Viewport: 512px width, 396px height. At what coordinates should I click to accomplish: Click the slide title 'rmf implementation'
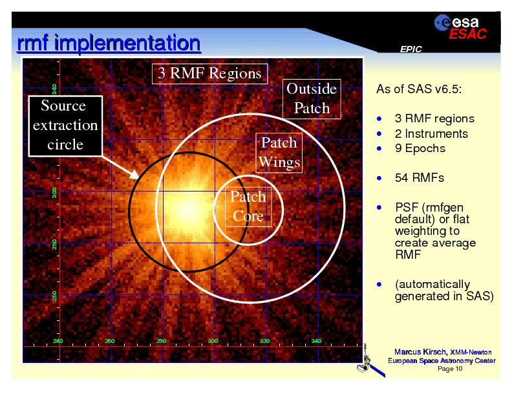tap(108, 44)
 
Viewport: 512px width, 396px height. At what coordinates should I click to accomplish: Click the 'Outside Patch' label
tap(312, 98)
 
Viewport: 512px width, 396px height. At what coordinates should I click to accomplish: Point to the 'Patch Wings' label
tap(279, 152)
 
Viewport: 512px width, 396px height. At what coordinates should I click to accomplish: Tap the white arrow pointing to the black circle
tap(119, 165)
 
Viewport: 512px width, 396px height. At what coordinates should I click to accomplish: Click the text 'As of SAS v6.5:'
tap(418, 89)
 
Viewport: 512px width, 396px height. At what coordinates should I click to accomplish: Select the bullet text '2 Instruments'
tap(431, 133)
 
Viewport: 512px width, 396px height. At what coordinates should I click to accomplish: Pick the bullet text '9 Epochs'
tap(420, 148)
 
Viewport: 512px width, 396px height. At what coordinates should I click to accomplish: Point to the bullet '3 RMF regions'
tap(434, 118)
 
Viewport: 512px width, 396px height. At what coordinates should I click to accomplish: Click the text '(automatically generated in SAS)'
tap(443, 291)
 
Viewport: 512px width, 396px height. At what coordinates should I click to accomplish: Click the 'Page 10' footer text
tap(450, 369)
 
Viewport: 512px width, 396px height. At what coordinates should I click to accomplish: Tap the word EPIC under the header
tap(411, 50)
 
